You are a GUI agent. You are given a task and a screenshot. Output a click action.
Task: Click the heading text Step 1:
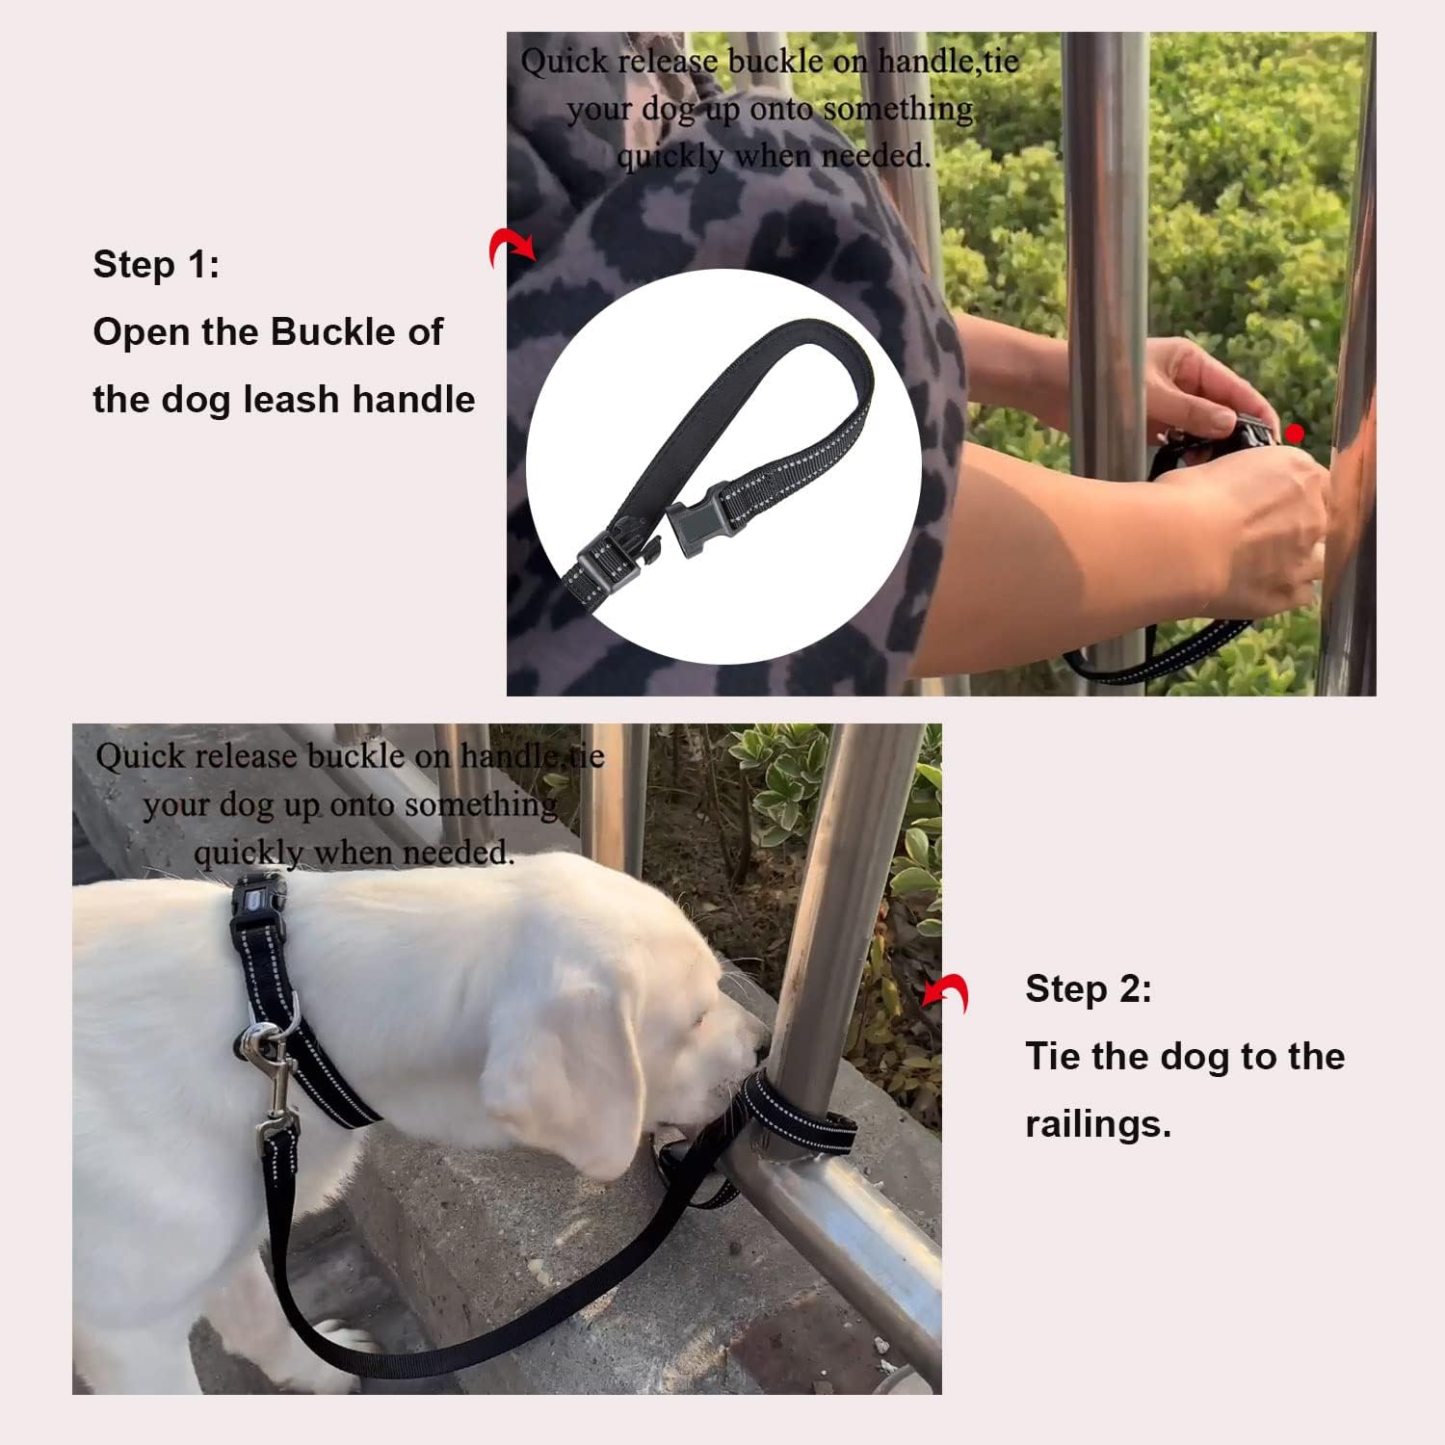pyautogui.click(x=156, y=265)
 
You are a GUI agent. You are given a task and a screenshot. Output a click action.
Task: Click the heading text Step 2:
pyautogui.click(x=1089, y=989)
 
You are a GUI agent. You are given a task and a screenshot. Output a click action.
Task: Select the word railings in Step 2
pyautogui.click(x=1097, y=1125)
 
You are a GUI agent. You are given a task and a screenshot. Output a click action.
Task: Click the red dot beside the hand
pyautogui.click(x=1295, y=433)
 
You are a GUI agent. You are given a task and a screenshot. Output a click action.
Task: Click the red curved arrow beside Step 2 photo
pyautogui.click(x=945, y=992)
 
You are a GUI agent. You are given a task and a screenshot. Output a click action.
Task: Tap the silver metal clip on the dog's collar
pyautogui.click(x=268, y=1069)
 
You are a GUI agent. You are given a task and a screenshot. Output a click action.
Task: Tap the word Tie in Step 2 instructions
pyautogui.click(x=1053, y=1057)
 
